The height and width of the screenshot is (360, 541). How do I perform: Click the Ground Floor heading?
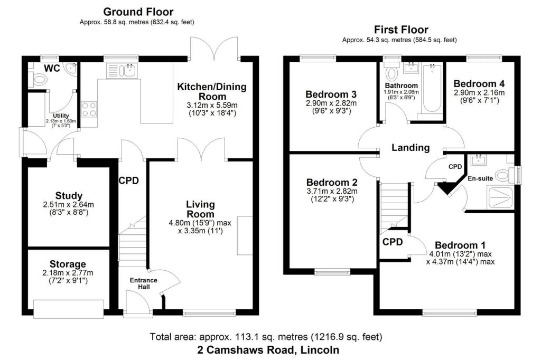point(138,12)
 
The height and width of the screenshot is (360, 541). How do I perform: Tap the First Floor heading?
point(400,30)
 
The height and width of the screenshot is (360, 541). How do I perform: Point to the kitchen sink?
point(122,70)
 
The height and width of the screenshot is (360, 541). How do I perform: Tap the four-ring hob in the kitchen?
point(89,109)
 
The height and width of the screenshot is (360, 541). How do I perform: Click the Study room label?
point(69,196)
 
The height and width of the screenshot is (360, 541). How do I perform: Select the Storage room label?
point(68,264)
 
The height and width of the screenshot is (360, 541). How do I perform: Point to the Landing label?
point(411,148)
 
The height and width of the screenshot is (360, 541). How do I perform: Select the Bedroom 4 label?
point(475,83)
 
